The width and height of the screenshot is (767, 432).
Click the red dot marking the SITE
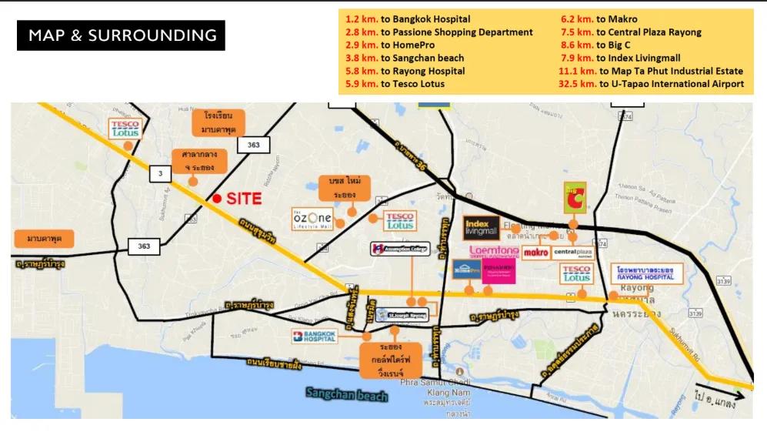[x=217, y=199]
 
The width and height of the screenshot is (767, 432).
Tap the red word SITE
[x=244, y=199]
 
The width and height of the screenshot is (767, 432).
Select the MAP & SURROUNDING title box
[x=122, y=35]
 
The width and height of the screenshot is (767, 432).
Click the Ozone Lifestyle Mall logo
[x=312, y=219]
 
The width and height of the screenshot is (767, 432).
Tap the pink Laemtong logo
[x=494, y=252]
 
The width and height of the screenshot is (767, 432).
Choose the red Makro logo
[x=535, y=253]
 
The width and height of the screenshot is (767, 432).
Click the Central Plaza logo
[x=573, y=253]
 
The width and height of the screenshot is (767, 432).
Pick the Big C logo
[x=574, y=197]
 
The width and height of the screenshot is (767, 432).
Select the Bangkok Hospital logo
[x=315, y=336]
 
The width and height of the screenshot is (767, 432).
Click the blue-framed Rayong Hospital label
[x=645, y=273]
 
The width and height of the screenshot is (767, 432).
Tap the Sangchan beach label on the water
[x=346, y=394]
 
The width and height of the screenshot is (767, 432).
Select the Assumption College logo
[x=399, y=249]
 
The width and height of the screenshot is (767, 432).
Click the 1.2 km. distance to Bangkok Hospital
[x=362, y=18]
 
